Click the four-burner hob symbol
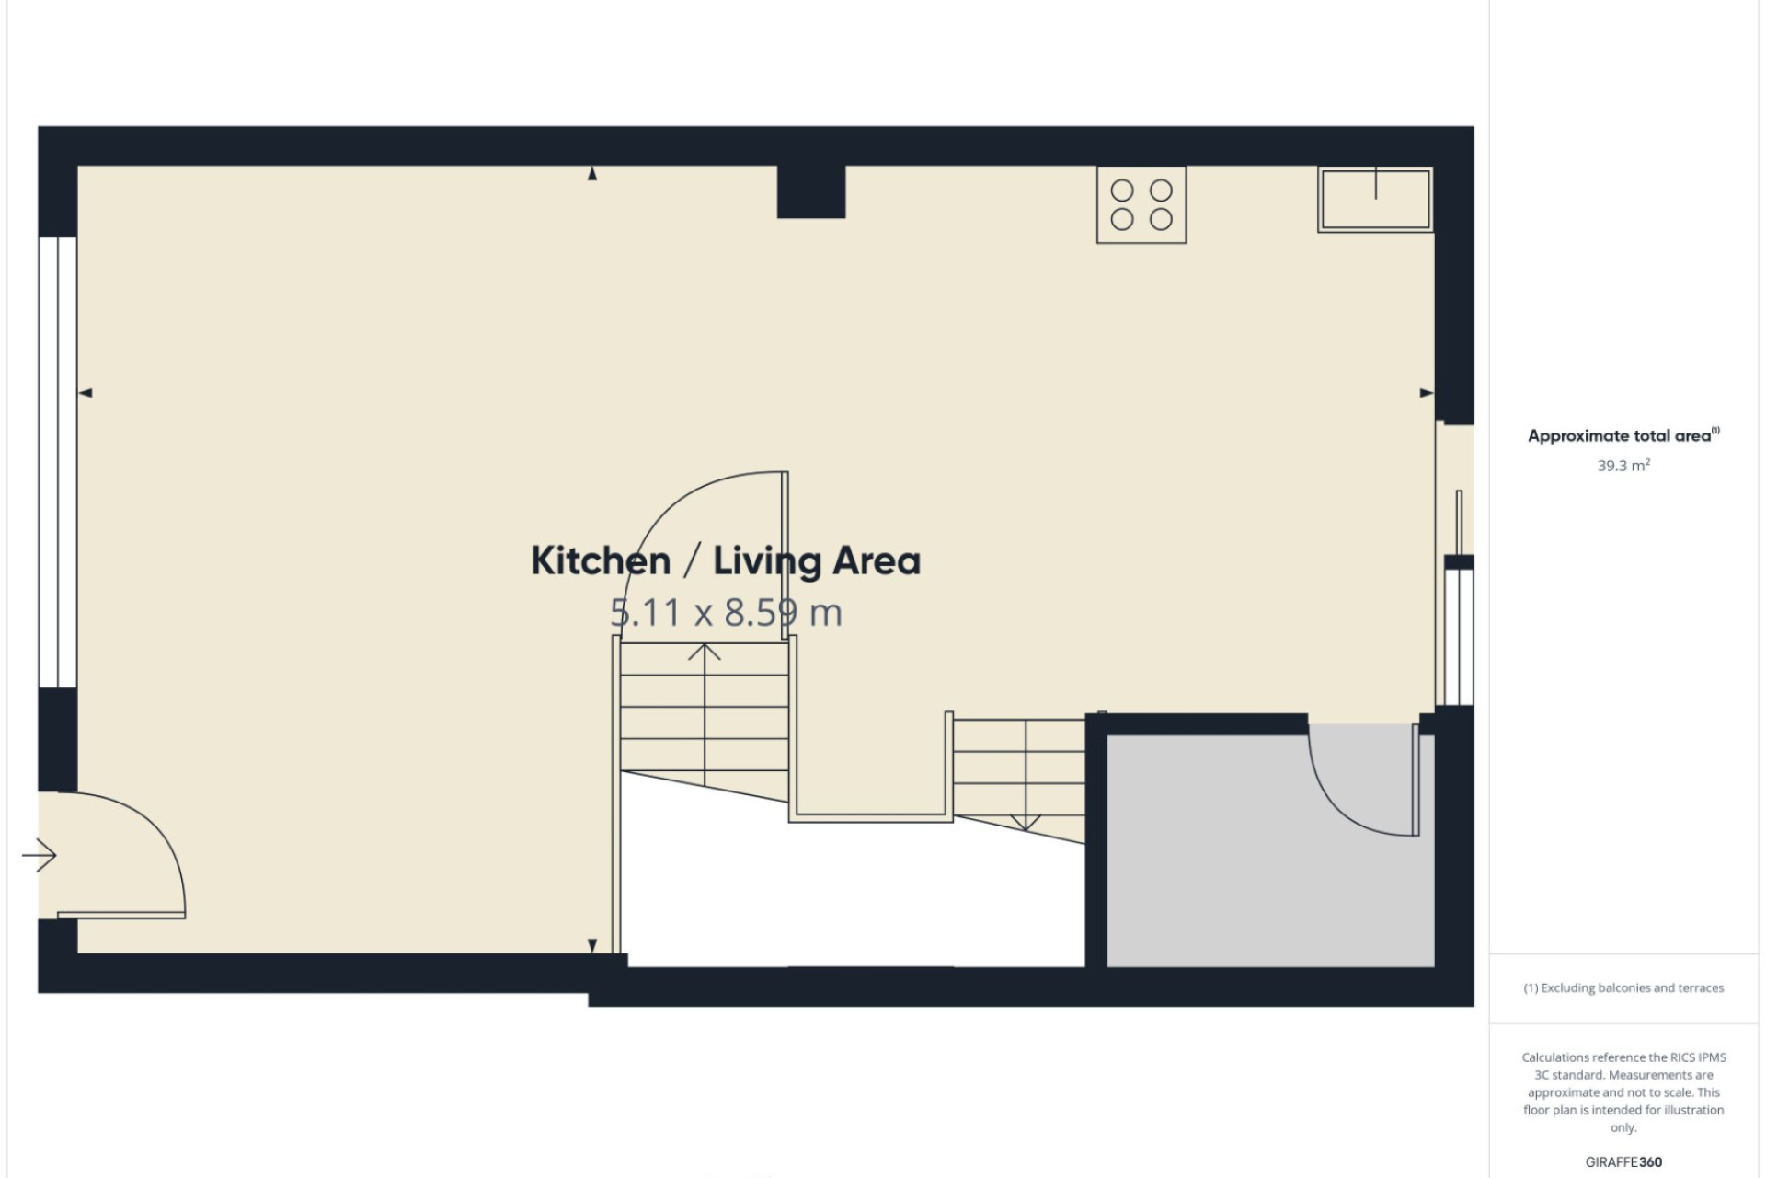[1141, 204]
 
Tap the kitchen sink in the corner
[1375, 199]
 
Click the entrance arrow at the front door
[40, 856]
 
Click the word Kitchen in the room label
[601, 560]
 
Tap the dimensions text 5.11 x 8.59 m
[727, 613]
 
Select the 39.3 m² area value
[1623, 466]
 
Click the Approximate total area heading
[1623, 435]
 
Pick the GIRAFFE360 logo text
[1623, 1162]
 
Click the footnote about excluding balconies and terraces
[1623, 988]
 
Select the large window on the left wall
[58, 462]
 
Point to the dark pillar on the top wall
[811, 191]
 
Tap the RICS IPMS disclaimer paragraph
[1623, 1092]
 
